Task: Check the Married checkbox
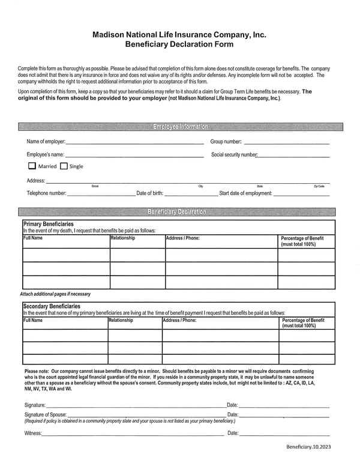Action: [x=32, y=166]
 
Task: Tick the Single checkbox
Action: [x=64, y=166]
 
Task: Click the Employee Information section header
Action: [x=180, y=127]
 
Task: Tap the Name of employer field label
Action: [x=46, y=142]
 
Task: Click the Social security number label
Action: [x=235, y=154]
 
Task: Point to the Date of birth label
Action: [x=150, y=193]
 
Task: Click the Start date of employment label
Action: [x=246, y=193]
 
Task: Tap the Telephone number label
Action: [x=46, y=193]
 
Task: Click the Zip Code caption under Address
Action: [x=319, y=186]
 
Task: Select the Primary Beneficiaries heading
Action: [x=48, y=224]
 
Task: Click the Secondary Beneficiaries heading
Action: [x=51, y=306]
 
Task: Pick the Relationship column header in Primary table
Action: [x=123, y=238]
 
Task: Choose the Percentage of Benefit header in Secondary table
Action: [x=303, y=323]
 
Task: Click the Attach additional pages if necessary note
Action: [x=55, y=294]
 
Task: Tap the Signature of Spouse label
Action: [x=46, y=414]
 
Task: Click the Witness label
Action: [x=34, y=433]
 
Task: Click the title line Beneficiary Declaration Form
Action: [x=179, y=44]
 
